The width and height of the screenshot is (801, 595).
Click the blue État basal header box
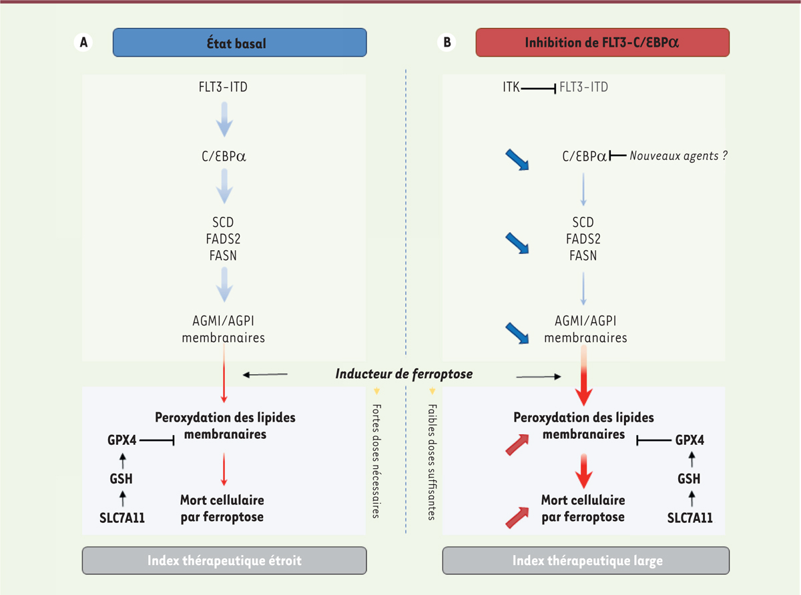tap(240, 43)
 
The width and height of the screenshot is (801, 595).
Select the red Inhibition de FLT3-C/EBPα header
tap(602, 43)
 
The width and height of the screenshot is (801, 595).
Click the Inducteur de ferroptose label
tap(404, 374)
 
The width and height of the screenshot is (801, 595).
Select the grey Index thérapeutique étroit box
tap(224, 560)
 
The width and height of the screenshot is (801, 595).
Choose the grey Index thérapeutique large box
tap(587, 560)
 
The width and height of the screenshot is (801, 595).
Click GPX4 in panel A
tap(122, 440)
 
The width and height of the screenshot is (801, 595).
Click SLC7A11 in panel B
tap(690, 517)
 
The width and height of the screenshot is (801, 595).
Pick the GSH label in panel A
tap(122, 478)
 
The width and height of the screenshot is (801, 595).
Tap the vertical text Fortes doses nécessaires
tap(376, 460)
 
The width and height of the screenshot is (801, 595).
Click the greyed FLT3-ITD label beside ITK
tap(583, 87)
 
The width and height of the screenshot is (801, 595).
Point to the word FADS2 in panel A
tap(224, 239)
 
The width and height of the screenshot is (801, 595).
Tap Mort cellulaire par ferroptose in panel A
tap(222, 508)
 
